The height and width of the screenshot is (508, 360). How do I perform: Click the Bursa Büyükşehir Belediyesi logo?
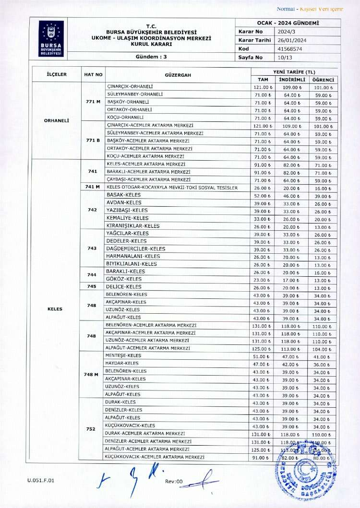click(x=51, y=38)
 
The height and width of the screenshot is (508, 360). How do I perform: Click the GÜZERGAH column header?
click(x=178, y=75)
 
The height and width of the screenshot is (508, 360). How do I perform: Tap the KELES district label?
click(x=55, y=309)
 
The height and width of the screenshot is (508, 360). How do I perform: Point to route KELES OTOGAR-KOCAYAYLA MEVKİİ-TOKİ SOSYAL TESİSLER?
click(x=171, y=188)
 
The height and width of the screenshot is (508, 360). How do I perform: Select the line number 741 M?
click(x=92, y=187)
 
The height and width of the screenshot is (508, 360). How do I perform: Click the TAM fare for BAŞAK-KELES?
click(x=263, y=196)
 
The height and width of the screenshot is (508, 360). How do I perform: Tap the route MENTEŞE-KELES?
click(x=123, y=355)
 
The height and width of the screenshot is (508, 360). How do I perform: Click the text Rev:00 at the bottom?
click(x=174, y=481)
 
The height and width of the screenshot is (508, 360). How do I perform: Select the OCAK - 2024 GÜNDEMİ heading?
click(x=288, y=23)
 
